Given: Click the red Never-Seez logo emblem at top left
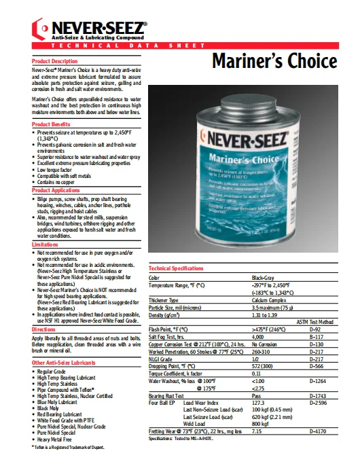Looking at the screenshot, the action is coord(41,29).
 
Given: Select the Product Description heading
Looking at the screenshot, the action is coord(55,61).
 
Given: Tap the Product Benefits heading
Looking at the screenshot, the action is coord(51,124).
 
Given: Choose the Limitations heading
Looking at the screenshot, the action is coord(46,244).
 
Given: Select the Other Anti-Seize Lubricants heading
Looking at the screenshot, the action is coord(65,363).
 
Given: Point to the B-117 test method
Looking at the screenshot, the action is coord(316,336).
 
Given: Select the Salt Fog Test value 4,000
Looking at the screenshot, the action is coord(258,336).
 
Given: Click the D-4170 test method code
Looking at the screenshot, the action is coord(318,431).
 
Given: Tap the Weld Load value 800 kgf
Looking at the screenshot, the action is coord(262,422).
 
